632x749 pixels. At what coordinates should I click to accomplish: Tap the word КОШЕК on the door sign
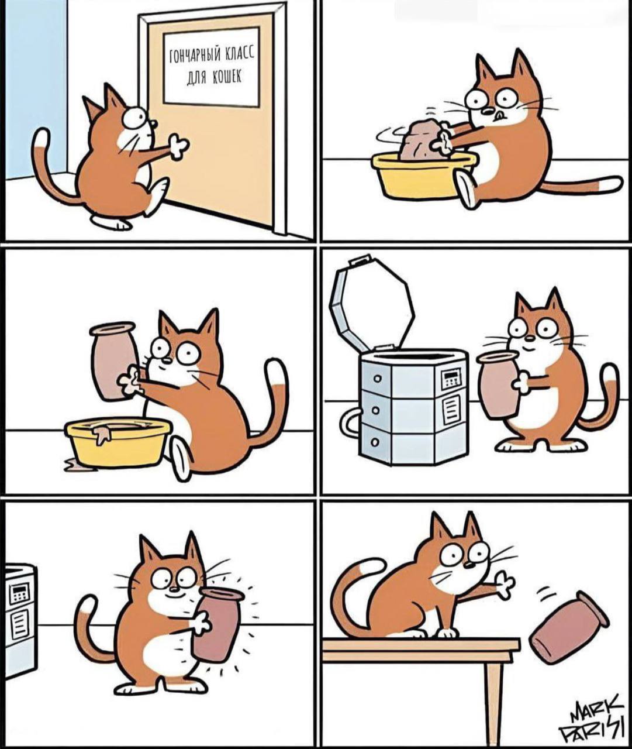click(x=227, y=77)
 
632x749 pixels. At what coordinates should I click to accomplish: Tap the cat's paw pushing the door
click(x=178, y=146)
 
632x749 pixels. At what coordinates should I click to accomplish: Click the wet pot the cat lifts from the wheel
click(x=113, y=361)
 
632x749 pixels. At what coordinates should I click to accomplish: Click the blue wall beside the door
click(x=34, y=90)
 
